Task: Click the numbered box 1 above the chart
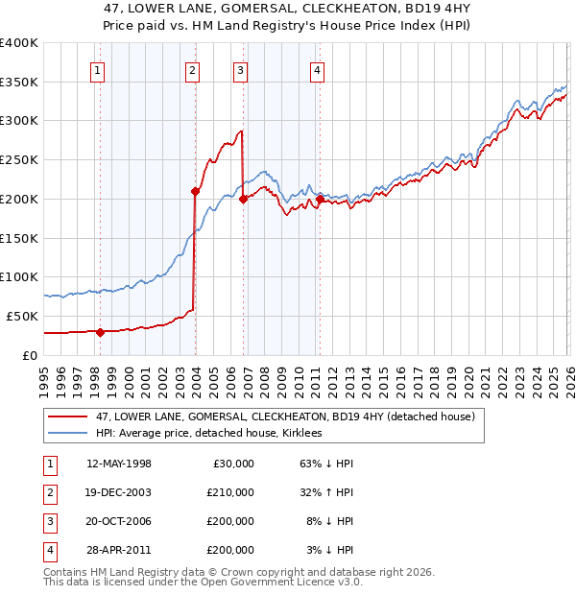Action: click(99, 69)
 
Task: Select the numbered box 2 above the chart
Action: click(193, 69)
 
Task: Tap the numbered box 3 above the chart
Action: click(240, 69)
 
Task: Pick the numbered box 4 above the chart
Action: click(317, 69)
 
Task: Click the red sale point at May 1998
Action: click(100, 332)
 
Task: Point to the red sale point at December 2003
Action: click(195, 191)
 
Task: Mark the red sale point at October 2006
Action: click(243, 199)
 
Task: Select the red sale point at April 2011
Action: click(319, 199)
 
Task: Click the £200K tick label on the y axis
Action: click(19, 199)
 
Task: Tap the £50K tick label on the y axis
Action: click(22, 316)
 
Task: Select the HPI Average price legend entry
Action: click(209, 433)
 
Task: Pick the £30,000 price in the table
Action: click(230, 464)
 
